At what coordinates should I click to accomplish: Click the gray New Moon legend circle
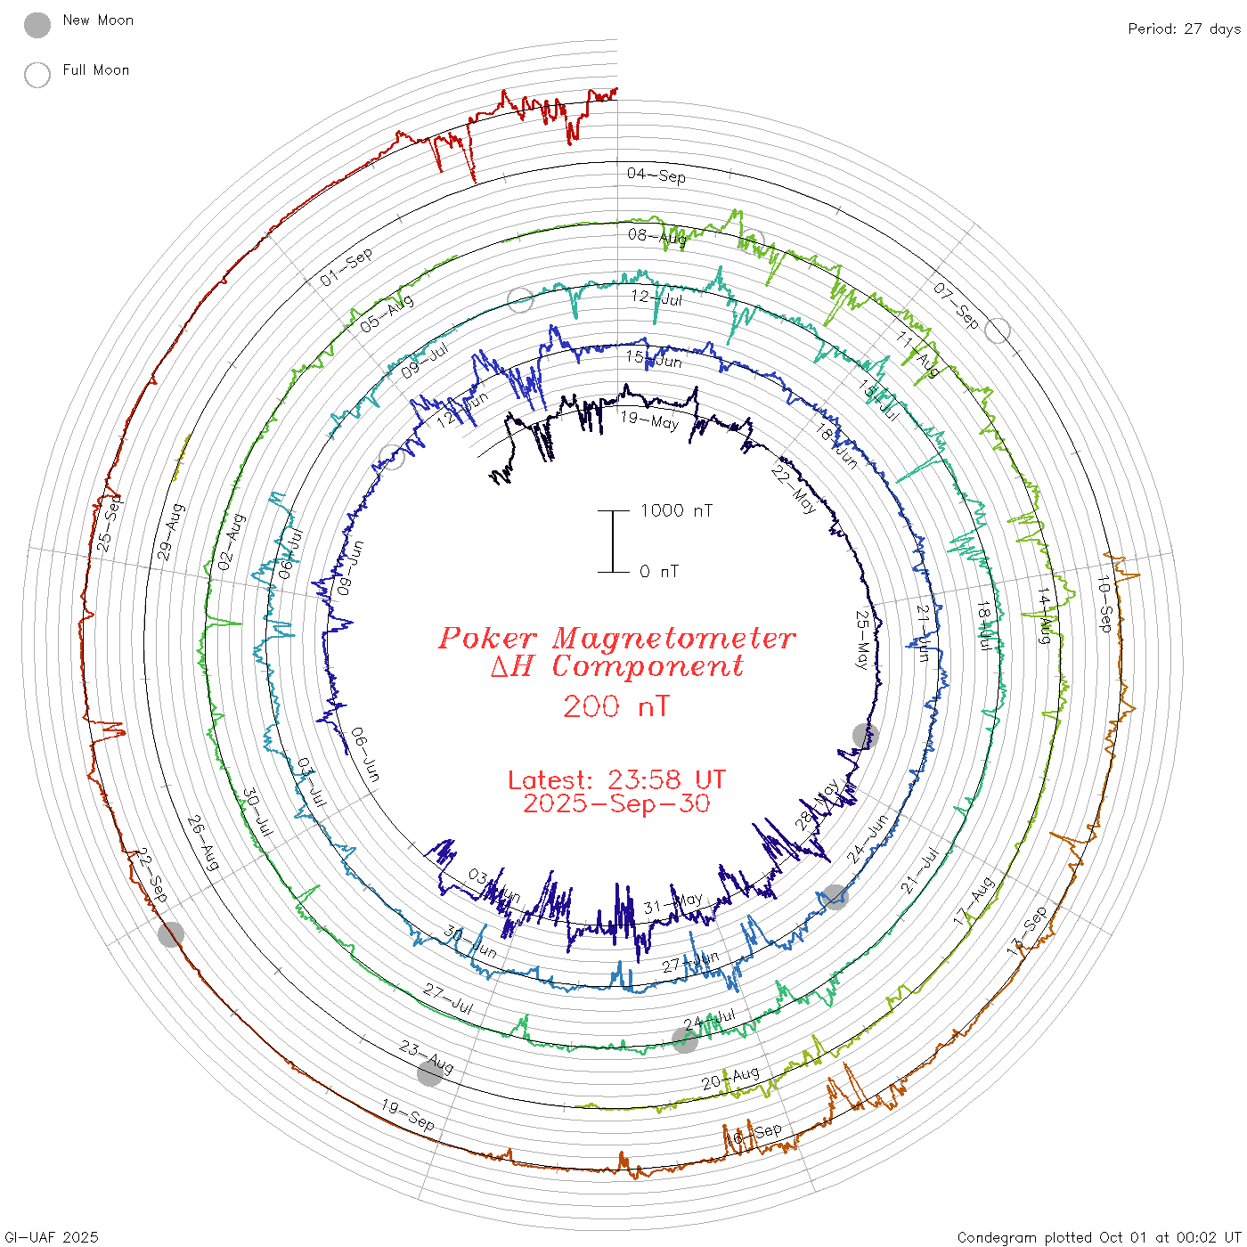click(x=37, y=25)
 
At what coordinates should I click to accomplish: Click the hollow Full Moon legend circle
click(x=37, y=75)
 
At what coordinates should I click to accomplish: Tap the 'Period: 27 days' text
click(x=1184, y=29)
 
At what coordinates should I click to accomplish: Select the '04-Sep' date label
click(x=656, y=175)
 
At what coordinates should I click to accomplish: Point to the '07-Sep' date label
click(x=956, y=306)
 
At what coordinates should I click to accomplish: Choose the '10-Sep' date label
click(x=1104, y=604)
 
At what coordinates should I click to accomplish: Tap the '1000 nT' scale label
click(x=676, y=510)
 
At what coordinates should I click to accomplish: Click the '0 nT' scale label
click(x=658, y=572)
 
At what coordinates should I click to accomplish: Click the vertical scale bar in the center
click(x=613, y=541)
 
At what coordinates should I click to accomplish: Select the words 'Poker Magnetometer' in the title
click(x=616, y=638)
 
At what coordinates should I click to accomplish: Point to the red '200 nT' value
click(x=615, y=707)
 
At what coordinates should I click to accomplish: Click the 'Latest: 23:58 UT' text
click(x=616, y=780)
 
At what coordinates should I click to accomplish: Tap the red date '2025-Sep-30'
click(x=616, y=803)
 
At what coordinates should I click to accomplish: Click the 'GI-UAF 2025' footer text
click(x=52, y=1237)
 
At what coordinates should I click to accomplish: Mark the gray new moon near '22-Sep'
click(x=171, y=934)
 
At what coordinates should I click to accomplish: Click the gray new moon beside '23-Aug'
click(x=430, y=1074)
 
